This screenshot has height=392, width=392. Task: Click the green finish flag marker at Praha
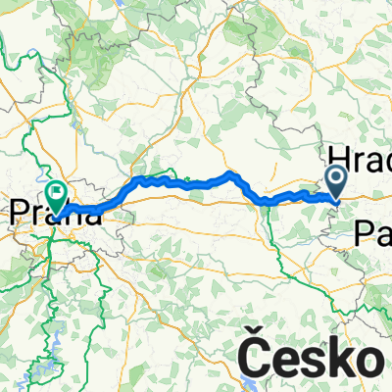(x=56, y=196)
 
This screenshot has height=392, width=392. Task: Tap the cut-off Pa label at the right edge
(x=371, y=232)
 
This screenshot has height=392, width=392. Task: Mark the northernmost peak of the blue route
(x=230, y=173)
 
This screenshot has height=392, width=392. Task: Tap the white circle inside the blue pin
(x=335, y=177)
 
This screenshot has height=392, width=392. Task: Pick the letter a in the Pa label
(x=382, y=234)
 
